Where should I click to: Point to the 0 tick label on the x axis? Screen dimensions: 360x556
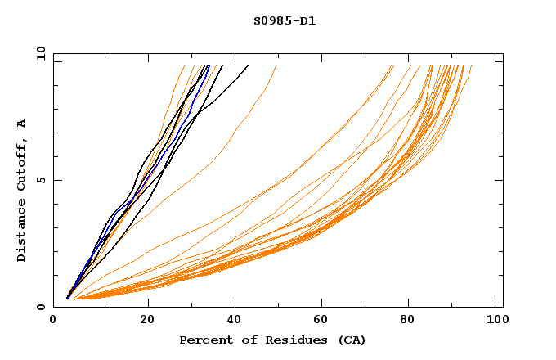[x=53, y=322]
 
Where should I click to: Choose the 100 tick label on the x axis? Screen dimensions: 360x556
[x=495, y=322]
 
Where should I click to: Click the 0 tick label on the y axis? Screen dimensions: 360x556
[x=41, y=307]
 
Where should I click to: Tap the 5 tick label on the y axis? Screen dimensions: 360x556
[x=41, y=180]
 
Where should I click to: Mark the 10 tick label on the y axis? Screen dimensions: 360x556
[x=39, y=53]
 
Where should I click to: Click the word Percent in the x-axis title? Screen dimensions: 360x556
[x=205, y=340]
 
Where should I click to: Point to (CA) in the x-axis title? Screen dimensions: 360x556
[x=349, y=340]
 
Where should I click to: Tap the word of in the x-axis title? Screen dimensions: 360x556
[x=244, y=340]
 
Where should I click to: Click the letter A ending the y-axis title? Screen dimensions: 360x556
[x=21, y=123]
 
